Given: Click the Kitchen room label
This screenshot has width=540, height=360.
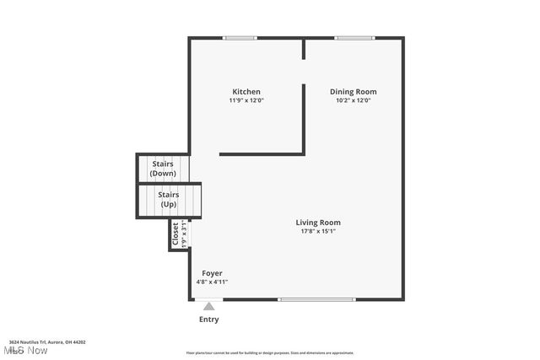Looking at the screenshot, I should pyautogui.click(x=246, y=92).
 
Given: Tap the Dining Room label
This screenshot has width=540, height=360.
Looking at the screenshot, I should pyautogui.click(x=353, y=92).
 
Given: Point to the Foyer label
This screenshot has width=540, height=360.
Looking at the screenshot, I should pyautogui.click(x=212, y=273).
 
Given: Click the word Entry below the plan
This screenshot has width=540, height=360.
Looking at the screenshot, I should pyautogui.click(x=208, y=320).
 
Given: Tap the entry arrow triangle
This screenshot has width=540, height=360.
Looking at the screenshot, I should pyautogui.click(x=208, y=306).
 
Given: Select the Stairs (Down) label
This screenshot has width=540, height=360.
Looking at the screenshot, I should pyautogui.click(x=163, y=169).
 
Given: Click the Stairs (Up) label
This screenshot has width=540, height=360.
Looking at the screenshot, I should pyautogui.click(x=169, y=199).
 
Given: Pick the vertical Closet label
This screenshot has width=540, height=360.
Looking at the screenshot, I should pyautogui.click(x=175, y=234).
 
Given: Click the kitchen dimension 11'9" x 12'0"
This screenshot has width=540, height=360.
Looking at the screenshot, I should pyautogui.click(x=246, y=100).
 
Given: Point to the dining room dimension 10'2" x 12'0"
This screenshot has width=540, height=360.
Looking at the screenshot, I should pyautogui.click(x=353, y=100).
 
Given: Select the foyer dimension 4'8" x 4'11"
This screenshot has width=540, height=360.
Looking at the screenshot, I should pyautogui.click(x=212, y=282).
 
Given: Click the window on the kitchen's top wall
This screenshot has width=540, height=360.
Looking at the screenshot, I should pyautogui.click(x=240, y=38).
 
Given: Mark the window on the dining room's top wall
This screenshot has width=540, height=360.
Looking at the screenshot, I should pyautogui.click(x=354, y=38).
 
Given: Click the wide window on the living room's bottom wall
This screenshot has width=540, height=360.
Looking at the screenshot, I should pyautogui.click(x=316, y=299).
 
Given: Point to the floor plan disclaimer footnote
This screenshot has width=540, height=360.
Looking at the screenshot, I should pyautogui.click(x=270, y=353).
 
